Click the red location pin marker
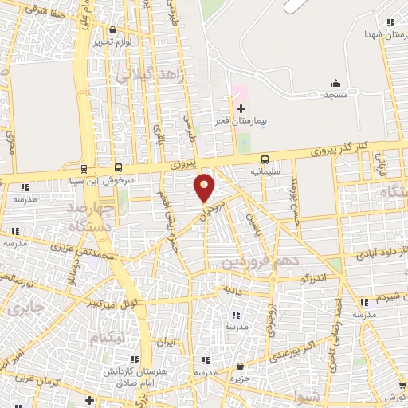[205, 187]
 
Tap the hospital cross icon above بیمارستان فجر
[241, 108]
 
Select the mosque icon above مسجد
[335, 83]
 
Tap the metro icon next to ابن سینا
[84, 168]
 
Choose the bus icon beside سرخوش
[118, 168]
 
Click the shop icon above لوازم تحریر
[112, 29]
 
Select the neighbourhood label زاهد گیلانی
[150, 74]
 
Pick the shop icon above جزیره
[240, 366]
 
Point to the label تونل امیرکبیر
[112, 304]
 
